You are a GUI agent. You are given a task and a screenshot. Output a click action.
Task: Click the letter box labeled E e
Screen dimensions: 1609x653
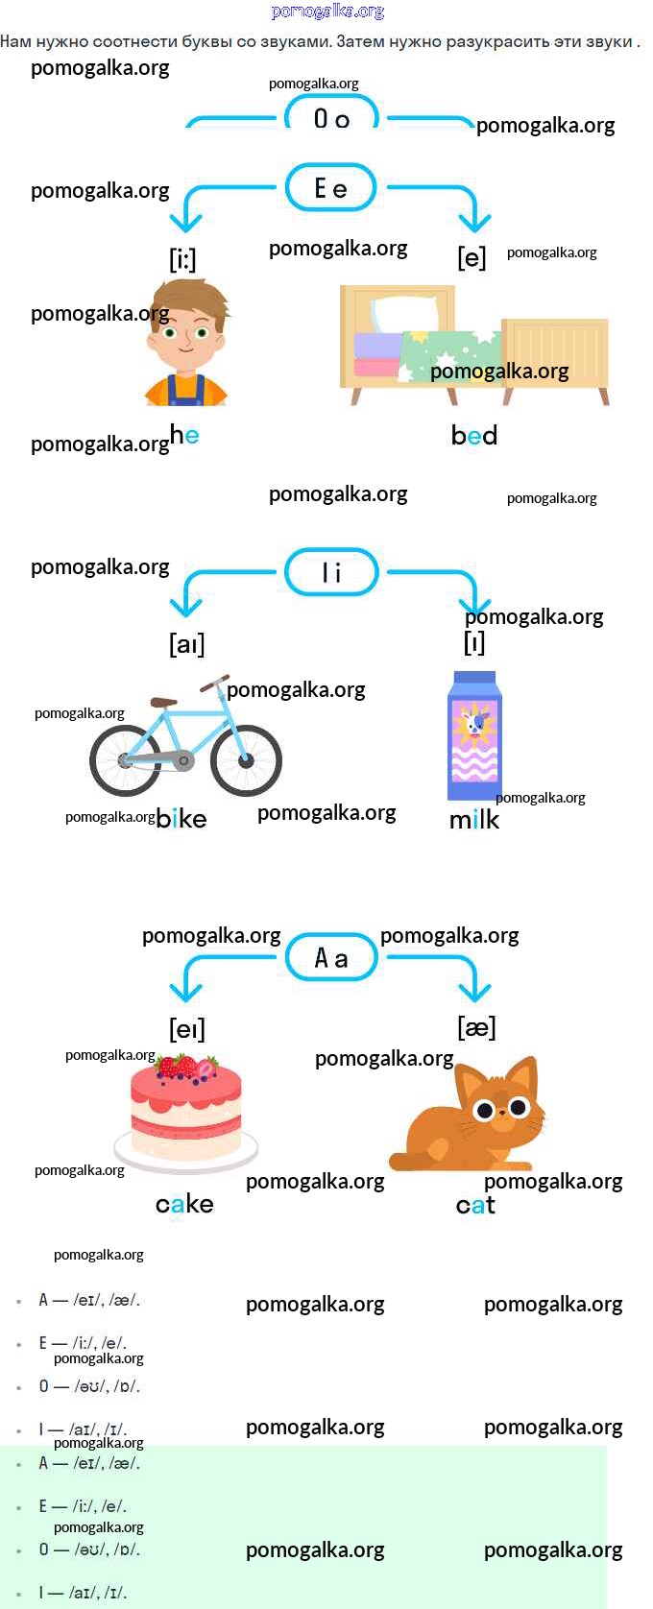click(331, 188)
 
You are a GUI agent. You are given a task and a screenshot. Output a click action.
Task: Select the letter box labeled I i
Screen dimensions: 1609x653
click(331, 572)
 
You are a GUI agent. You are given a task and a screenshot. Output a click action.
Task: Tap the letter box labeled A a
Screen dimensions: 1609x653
click(331, 958)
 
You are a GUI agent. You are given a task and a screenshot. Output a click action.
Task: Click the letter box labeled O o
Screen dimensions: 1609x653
click(331, 117)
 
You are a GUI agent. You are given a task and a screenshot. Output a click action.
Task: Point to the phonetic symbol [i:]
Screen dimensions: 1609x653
click(182, 259)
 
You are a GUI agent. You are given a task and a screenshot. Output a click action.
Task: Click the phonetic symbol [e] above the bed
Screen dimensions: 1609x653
click(472, 257)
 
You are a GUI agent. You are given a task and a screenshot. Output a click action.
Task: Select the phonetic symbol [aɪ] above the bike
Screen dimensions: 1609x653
click(187, 643)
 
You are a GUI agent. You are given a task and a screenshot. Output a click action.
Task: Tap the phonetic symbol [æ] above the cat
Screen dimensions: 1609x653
click(476, 1027)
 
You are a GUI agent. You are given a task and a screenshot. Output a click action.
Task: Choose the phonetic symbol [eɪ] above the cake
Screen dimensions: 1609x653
click(187, 1029)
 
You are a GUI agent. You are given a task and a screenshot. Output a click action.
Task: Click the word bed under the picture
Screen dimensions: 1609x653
click(474, 436)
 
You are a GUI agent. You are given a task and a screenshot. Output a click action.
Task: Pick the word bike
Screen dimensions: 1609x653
click(181, 819)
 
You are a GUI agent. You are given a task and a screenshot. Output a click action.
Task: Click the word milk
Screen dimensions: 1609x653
click(474, 820)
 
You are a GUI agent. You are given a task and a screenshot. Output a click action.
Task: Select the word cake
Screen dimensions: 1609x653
click(184, 1204)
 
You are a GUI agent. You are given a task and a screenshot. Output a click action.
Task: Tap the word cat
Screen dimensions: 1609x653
click(475, 1205)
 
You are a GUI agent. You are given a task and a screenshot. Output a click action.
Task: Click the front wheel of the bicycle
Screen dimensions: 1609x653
click(246, 760)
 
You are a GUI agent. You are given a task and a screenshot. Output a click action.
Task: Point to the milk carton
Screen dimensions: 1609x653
click(474, 736)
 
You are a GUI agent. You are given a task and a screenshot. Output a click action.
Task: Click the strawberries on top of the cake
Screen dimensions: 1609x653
click(187, 1068)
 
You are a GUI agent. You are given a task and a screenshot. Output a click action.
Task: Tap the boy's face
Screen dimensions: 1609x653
click(186, 336)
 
